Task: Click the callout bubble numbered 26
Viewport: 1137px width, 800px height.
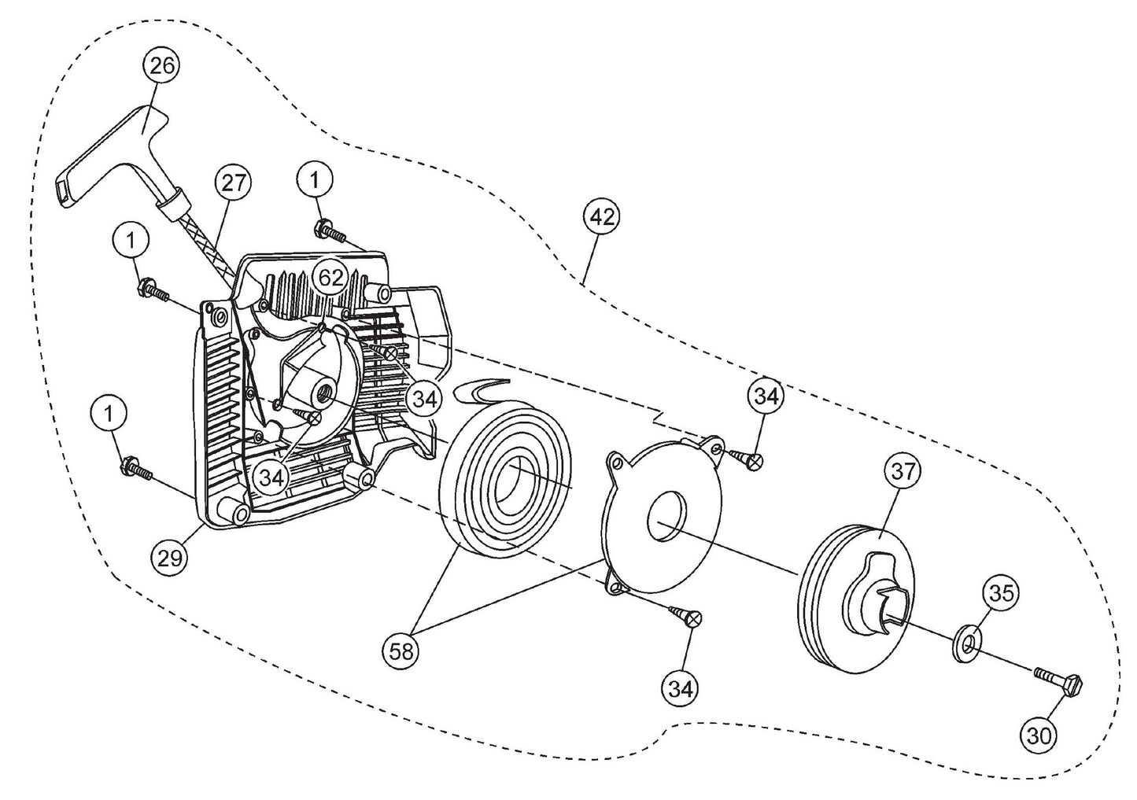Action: pos(161,66)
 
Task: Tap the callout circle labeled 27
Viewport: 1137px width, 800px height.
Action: pos(232,184)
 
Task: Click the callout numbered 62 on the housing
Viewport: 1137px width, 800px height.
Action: pos(330,277)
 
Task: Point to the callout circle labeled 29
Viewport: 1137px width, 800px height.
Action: pos(170,558)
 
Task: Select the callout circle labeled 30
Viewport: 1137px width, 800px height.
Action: pos(1040,735)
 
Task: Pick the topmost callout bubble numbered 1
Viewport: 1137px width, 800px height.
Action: pos(315,180)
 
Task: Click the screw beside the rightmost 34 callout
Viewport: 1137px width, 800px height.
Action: pos(743,458)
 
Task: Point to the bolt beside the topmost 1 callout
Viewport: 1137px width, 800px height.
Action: pos(330,230)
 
